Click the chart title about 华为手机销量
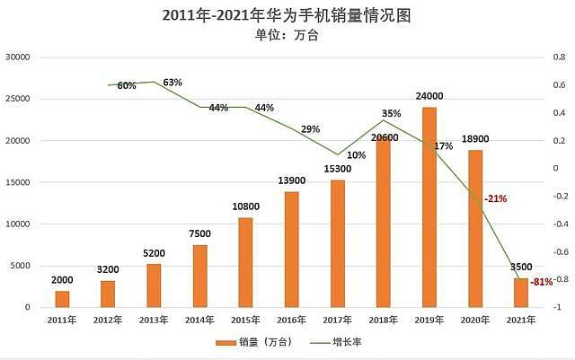287,16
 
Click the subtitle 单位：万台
287,37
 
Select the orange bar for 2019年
429,207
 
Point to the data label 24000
429,97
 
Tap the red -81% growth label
542,282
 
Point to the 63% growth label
172,83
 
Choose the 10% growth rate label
356,155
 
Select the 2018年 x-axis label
383,320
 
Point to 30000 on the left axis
18,57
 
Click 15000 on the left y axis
18,182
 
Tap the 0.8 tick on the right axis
557,57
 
